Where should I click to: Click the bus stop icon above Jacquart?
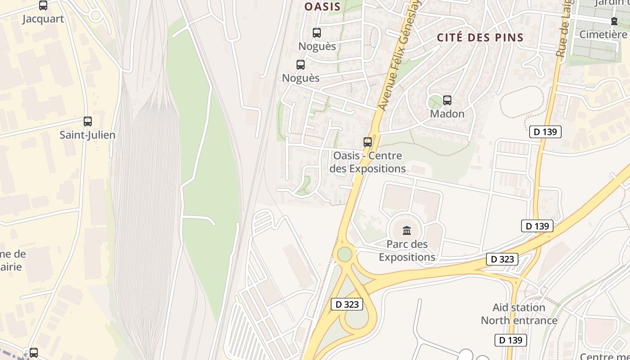(x=43, y=5)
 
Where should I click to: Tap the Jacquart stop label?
(x=43, y=19)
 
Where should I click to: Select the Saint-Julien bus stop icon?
(x=88, y=121)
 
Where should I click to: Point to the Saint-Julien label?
(x=87, y=135)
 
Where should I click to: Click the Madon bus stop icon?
(x=447, y=100)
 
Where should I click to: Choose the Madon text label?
(x=447, y=114)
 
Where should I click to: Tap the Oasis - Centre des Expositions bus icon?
(x=368, y=142)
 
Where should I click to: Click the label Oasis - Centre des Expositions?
(x=368, y=162)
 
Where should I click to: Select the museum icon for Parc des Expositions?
(x=407, y=231)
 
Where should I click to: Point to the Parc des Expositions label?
(x=407, y=251)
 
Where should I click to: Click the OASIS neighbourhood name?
(x=323, y=7)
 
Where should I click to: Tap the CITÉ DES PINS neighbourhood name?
(x=481, y=37)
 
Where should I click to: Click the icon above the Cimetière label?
(x=614, y=21)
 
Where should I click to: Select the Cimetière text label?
(x=603, y=35)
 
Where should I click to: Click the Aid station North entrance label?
(x=519, y=314)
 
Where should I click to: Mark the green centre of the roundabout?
(x=345, y=254)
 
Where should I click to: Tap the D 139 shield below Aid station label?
(x=510, y=340)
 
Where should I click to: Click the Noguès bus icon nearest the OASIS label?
(x=317, y=33)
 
